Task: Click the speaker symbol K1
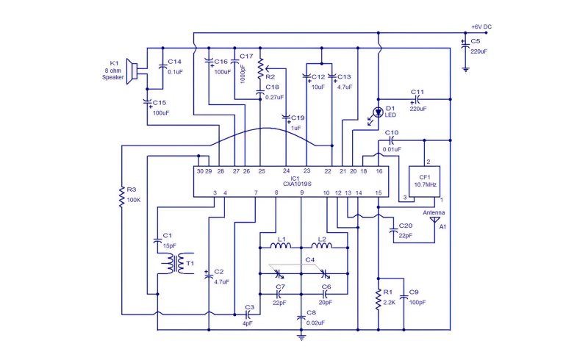pos(132,71)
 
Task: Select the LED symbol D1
pos(378,112)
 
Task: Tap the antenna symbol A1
pos(434,220)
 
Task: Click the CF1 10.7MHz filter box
pos(425,181)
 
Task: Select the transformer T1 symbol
pos(176,263)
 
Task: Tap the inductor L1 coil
pos(281,245)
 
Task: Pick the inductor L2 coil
pos(321,245)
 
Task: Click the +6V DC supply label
pos(481,26)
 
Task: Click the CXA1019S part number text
pos(298,184)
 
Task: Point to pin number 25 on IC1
pos(262,171)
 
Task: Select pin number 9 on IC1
pos(301,192)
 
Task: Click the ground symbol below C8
pos(301,336)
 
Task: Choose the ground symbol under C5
pos(465,69)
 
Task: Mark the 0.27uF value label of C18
pos(274,97)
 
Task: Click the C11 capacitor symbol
pos(417,99)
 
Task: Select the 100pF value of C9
pos(417,302)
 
